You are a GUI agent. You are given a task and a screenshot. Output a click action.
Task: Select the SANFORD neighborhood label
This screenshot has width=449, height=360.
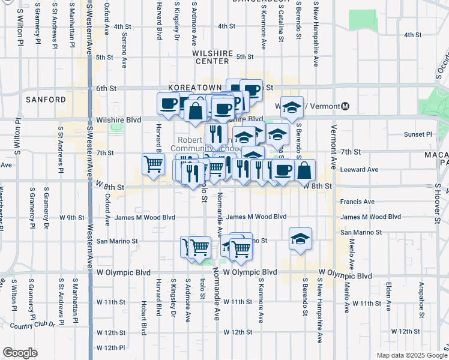46,99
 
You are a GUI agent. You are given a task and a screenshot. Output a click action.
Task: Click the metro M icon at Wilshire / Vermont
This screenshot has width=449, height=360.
345,106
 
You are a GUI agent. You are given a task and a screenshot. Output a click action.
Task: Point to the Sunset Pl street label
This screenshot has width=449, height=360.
419,134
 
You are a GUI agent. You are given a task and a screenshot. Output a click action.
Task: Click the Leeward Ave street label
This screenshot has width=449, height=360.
359,170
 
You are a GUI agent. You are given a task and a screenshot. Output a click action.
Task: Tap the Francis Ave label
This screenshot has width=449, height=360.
358,202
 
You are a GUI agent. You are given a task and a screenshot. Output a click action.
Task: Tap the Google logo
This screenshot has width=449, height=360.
20,353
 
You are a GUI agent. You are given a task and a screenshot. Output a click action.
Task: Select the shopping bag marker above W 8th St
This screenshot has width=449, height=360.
305,169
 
